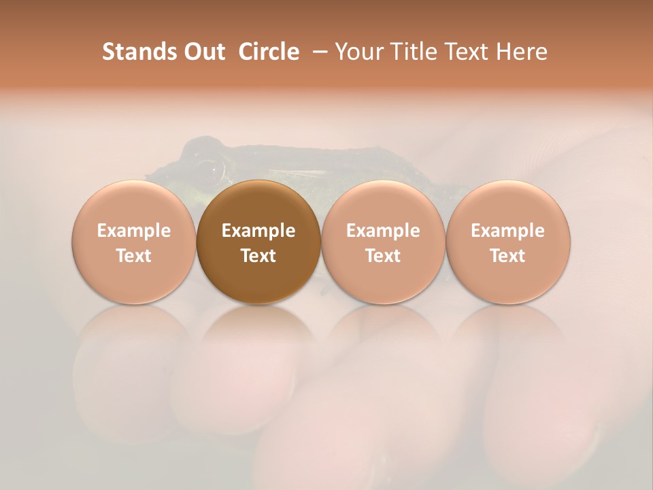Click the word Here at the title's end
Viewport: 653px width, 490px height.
coord(522,52)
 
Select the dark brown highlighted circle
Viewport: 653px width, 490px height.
coord(258,242)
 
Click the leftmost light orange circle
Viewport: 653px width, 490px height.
coord(134,242)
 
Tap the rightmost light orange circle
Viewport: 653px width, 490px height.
coord(508,242)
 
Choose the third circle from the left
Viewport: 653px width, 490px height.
coord(383,242)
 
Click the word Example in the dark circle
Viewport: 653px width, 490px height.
coord(258,231)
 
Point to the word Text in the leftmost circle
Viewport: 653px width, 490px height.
coord(134,256)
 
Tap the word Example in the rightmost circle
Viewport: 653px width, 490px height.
coord(508,231)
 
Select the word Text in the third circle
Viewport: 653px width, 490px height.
coord(383,256)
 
